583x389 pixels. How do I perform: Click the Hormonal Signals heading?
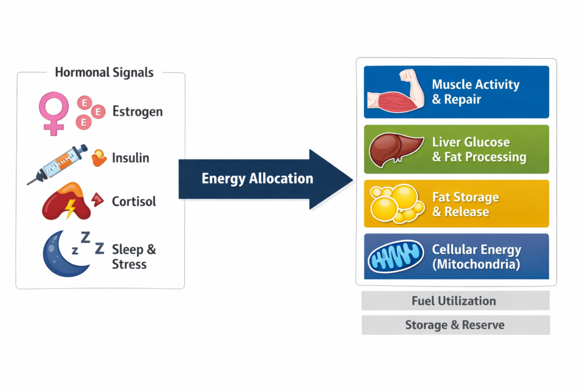pyautogui.click(x=104, y=72)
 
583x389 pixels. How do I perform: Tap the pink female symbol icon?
pyautogui.click(x=54, y=112)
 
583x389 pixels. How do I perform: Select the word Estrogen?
pyautogui.click(x=137, y=111)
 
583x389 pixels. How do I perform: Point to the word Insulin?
pyautogui.click(x=130, y=157)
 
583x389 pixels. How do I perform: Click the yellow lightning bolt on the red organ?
pyautogui.click(x=70, y=208)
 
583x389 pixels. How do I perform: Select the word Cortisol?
pyautogui.click(x=134, y=202)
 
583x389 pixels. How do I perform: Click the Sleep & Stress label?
pyautogui.click(x=133, y=256)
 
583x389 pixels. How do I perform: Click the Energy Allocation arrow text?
pyautogui.click(x=257, y=179)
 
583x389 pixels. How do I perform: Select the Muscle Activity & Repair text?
pyautogui.click(x=475, y=92)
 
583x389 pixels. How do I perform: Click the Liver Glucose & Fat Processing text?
pyautogui.click(x=479, y=149)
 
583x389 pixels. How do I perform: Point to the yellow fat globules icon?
pyautogui.click(x=395, y=203)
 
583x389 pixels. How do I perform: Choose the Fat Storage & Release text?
pyautogui.click(x=465, y=204)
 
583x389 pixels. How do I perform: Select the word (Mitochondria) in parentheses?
pyautogui.click(x=475, y=265)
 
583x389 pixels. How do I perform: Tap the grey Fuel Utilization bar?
pyautogui.click(x=454, y=300)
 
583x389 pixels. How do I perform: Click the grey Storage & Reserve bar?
pyautogui.click(x=454, y=325)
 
